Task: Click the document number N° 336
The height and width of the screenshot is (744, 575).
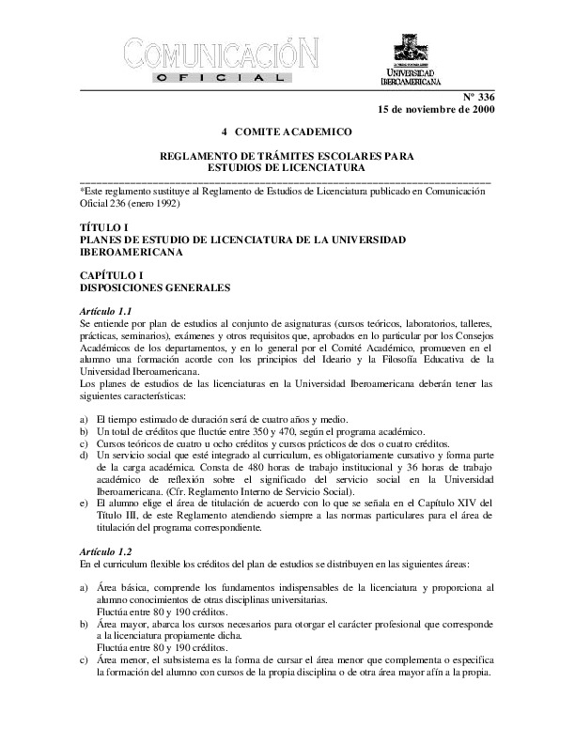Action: [x=477, y=98]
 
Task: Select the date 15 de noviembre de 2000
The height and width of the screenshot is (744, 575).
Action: [x=435, y=110]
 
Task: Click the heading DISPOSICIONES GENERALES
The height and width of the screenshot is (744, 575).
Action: [x=155, y=286]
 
